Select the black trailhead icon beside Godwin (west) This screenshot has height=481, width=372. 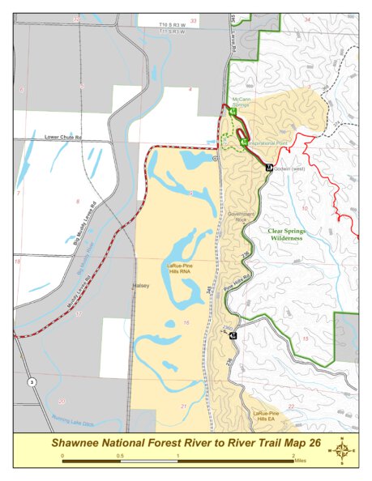click(x=269, y=167)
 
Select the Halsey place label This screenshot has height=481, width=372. click(x=141, y=286)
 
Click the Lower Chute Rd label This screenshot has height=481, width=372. click(x=65, y=138)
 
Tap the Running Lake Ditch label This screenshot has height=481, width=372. click(x=75, y=419)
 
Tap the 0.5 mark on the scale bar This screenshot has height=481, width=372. click(x=121, y=455)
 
